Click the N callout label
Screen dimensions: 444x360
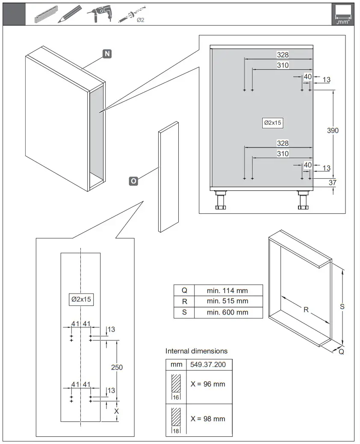tap(106, 54)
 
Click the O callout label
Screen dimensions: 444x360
tap(133, 181)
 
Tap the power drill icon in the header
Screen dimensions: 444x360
tap(99, 14)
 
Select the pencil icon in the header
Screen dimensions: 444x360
tap(68, 14)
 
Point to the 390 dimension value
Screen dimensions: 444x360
tap(333, 130)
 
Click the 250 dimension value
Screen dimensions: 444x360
tap(117, 368)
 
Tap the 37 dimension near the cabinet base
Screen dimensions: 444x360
tap(333, 183)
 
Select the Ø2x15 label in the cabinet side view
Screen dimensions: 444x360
tap(273, 123)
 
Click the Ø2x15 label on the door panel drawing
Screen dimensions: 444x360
tap(80, 300)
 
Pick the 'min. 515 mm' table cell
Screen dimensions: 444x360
tap(227, 301)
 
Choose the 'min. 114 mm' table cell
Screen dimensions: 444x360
tap(227, 290)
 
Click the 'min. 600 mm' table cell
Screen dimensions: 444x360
tap(227, 312)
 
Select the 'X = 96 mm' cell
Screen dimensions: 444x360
tap(208, 384)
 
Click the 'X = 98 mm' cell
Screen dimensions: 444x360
tap(208, 419)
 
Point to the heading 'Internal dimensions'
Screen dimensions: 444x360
tap(196, 351)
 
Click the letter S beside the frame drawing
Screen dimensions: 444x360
tap(342, 307)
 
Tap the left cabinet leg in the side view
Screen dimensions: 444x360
tap(221, 200)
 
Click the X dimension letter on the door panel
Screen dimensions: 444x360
tap(117, 411)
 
